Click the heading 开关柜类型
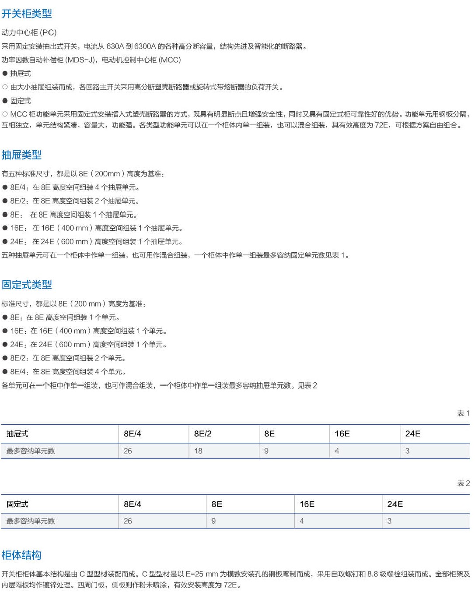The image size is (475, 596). (27, 14)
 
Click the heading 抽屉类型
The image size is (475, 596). (21, 155)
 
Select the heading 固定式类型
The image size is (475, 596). (27, 285)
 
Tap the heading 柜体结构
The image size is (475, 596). (21, 555)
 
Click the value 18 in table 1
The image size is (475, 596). (198, 451)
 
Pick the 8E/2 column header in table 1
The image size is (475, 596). (203, 434)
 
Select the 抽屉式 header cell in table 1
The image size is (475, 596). (17, 434)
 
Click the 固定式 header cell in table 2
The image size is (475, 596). (17, 504)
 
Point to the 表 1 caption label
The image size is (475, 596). (463, 413)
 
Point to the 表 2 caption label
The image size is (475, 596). (463, 483)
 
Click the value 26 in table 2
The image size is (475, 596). (128, 521)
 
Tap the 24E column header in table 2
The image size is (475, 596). (395, 504)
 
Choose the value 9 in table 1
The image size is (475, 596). (266, 451)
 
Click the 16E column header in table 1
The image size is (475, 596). (342, 434)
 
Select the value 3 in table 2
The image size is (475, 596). (389, 521)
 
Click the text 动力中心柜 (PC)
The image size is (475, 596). (29, 32)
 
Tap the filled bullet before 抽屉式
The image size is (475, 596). (5, 74)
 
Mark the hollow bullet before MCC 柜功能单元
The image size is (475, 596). (5, 114)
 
